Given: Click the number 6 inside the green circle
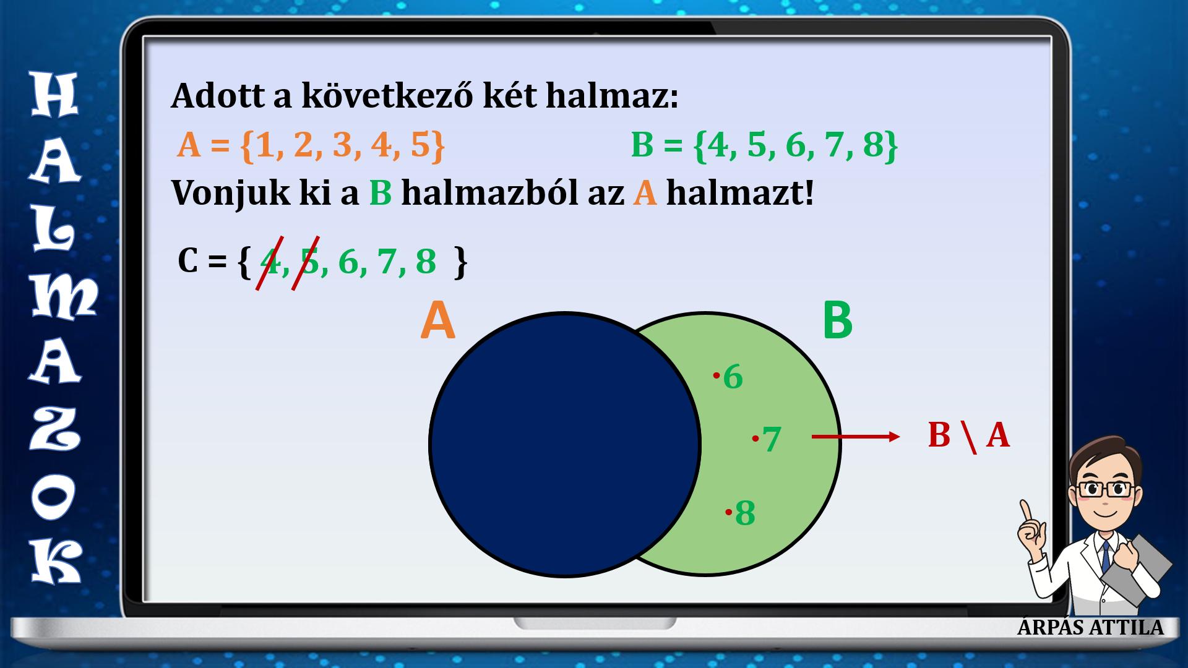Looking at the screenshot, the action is (733, 377).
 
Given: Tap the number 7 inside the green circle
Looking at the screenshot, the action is (772, 440).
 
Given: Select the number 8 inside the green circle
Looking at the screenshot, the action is (745, 513).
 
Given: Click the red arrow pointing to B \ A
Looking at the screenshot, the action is (856, 437).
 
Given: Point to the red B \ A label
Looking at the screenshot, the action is (968, 435).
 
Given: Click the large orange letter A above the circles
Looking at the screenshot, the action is (437, 322).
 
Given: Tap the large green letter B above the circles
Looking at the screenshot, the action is (838, 321).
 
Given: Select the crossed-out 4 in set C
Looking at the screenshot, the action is (270, 262).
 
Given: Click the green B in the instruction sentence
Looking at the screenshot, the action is (381, 194).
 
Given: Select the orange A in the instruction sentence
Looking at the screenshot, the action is (645, 194).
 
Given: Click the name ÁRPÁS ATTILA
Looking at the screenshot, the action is (1090, 627).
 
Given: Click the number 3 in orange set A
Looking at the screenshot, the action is (342, 147).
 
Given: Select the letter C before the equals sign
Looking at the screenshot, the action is (187, 261).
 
